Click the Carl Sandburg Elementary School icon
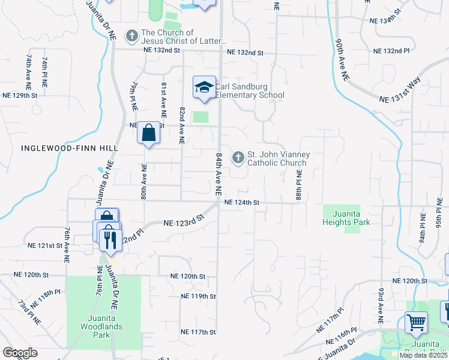click(x=204, y=88)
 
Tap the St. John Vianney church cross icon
click(x=238, y=158)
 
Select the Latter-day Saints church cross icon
click(x=131, y=37)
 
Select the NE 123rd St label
click(x=184, y=223)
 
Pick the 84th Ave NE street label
click(x=219, y=173)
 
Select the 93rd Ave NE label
click(x=381, y=306)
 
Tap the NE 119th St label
click(x=198, y=296)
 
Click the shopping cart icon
click(x=416, y=323)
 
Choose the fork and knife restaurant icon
click(x=109, y=239)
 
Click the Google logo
click(x=20, y=353)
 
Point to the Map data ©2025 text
click(x=423, y=355)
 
